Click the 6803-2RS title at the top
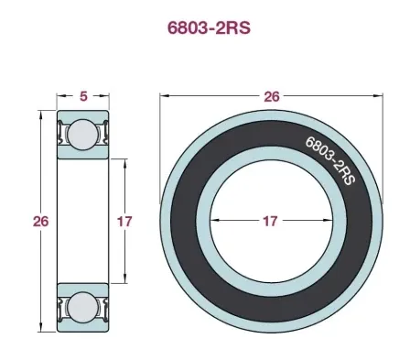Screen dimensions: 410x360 [x=209, y=28]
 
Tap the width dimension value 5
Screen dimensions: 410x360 [x=83, y=96]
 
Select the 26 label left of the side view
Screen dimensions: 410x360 [x=40, y=221]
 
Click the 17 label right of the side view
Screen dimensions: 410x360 [x=124, y=222]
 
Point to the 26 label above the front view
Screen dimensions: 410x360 [x=271, y=96]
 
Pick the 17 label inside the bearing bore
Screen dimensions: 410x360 [x=270, y=221]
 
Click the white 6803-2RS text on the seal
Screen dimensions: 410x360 [x=330, y=159]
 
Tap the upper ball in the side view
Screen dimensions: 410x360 [x=82, y=135]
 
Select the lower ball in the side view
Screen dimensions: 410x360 [x=82, y=308]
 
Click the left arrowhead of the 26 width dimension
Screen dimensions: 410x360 [x=164, y=96]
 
